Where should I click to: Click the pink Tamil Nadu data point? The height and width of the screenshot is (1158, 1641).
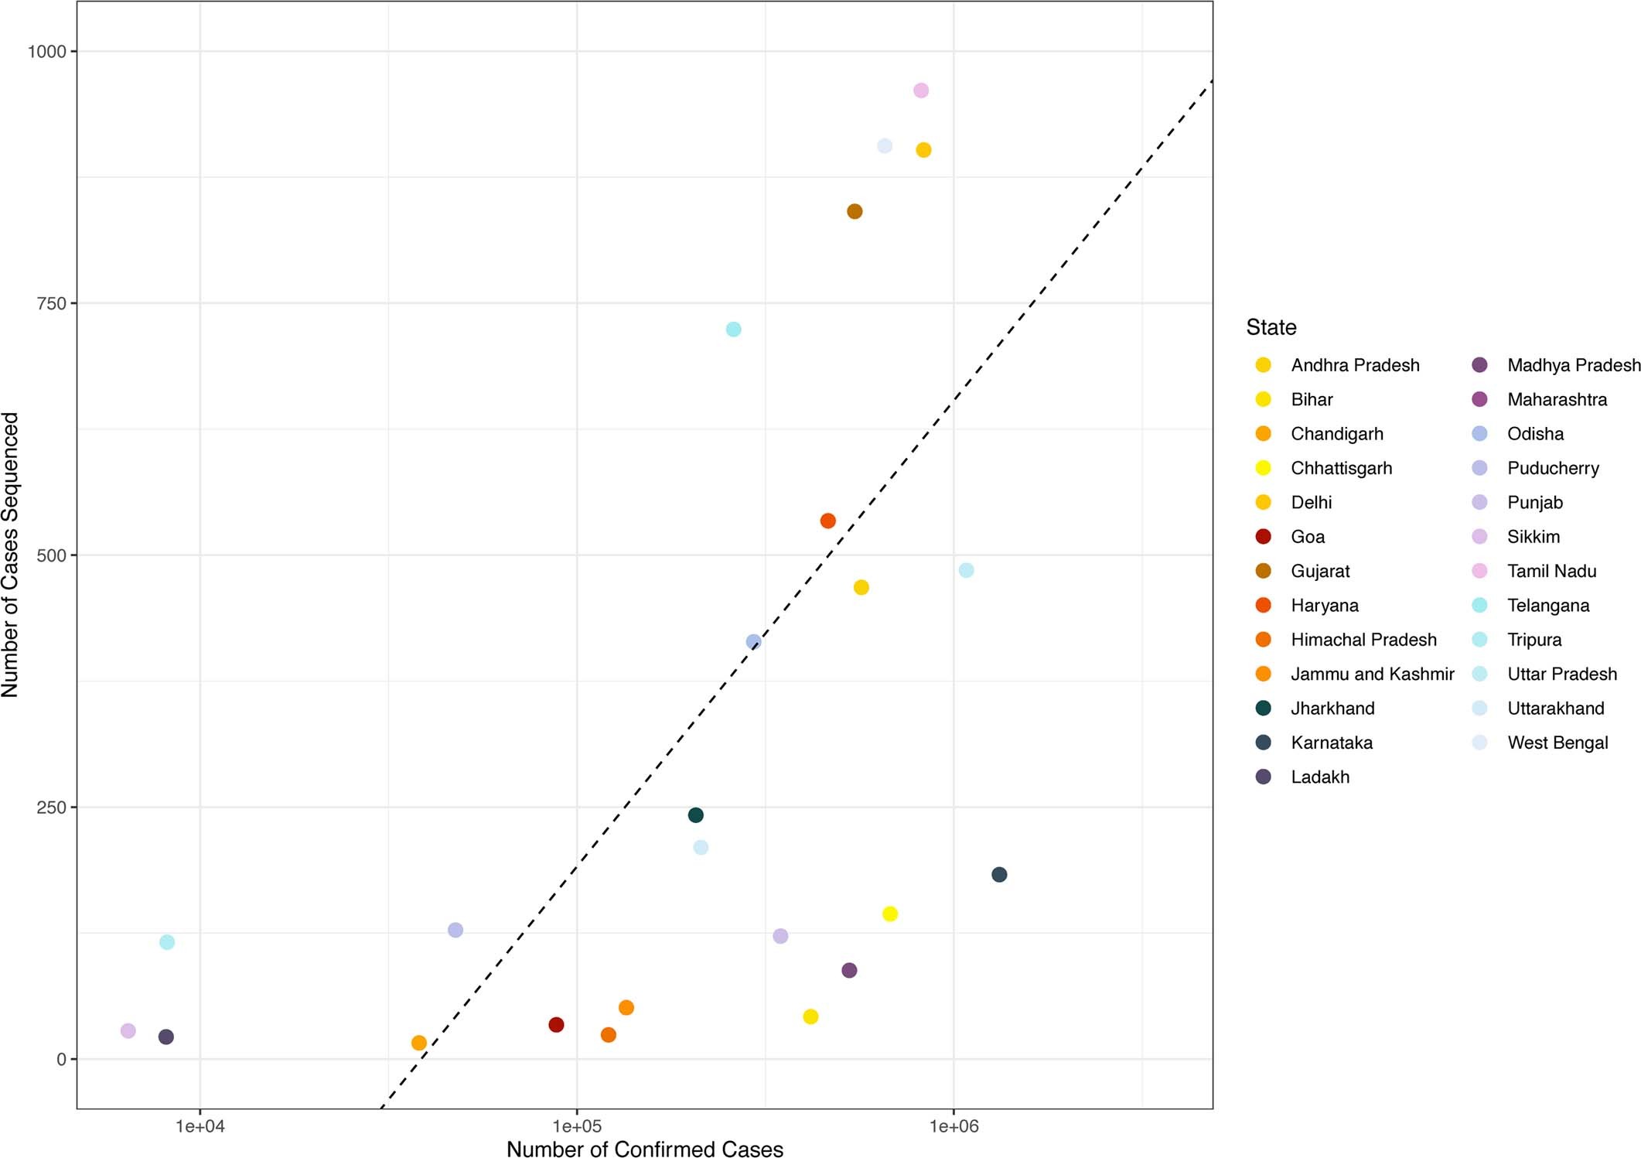pyautogui.click(x=920, y=91)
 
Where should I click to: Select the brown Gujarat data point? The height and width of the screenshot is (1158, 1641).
pyautogui.click(x=855, y=211)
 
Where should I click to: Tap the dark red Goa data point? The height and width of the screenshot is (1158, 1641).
pyautogui.click(x=556, y=1025)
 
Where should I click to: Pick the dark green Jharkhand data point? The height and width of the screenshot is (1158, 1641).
pyautogui.click(x=695, y=815)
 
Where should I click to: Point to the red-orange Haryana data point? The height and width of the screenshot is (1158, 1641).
pyautogui.click(x=827, y=521)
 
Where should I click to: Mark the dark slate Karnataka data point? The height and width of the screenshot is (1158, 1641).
pyautogui.click(x=999, y=875)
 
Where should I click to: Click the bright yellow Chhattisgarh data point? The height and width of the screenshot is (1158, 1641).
pyautogui.click(x=889, y=914)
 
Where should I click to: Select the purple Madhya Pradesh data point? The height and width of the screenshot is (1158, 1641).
pyautogui.click(x=849, y=970)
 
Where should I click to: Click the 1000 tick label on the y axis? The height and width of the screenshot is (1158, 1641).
pyautogui.click(x=46, y=52)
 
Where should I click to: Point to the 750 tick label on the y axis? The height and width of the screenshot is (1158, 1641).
pyautogui.click(x=51, y=304)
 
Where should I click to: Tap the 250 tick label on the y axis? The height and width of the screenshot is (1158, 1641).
pyautogui.click(x=51, y=808)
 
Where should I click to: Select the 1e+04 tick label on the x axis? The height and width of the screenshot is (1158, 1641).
pyautogui.click(x=200, y=1126)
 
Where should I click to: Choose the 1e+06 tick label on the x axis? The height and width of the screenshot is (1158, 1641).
pyautogui.click(x=954, y=1126)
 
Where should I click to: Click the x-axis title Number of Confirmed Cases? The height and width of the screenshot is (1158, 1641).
pyautogui.click(x=644, y=1149)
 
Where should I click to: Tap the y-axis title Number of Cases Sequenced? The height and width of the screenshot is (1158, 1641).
pyautogui.click(x=10, y=555)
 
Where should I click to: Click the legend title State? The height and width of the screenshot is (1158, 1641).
pyautogui.click(x=1271, y=327)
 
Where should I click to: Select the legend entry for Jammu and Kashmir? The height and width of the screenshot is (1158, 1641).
pyautogui.click(x=1372, y=674)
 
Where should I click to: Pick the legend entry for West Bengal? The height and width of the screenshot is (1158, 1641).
pyautogui.click(x=1557, y=743)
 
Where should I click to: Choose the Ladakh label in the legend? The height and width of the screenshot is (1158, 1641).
pyautogui.click(x=1319, y=777)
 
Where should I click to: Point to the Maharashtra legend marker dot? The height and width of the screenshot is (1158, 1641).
pyautogui.click(x=1479, y=399)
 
